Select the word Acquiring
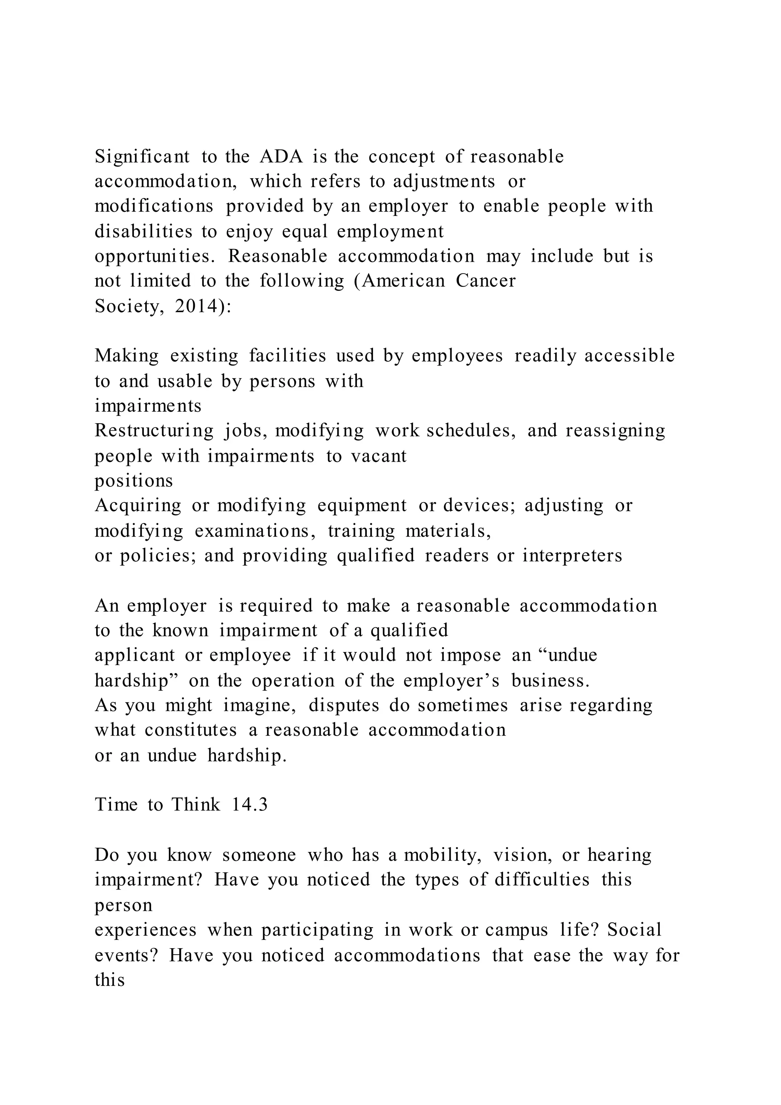[138, 505]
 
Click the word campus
[516, 929]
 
